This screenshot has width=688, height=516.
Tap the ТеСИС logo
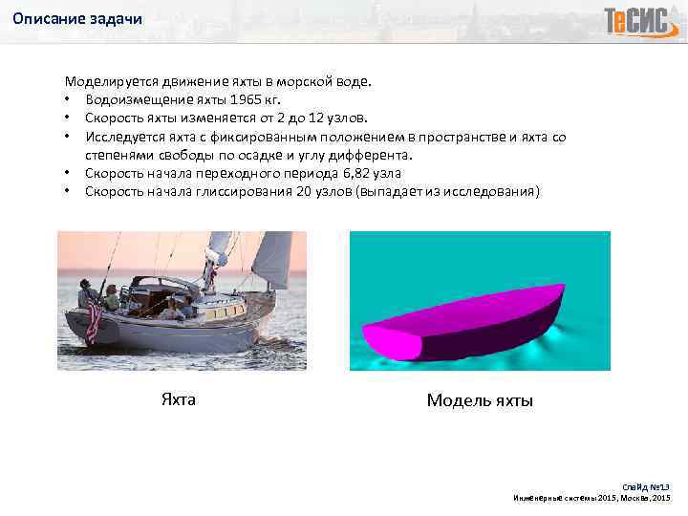637,20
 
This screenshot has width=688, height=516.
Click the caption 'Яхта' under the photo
178,399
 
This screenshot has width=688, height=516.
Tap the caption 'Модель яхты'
480,400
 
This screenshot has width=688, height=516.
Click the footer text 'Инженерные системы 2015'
564,498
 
